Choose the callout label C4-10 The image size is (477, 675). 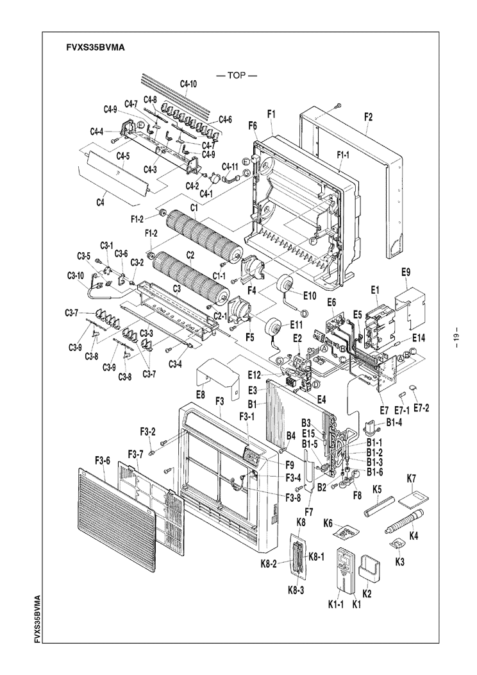(188, 84)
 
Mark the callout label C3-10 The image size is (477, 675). (75, 276)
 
